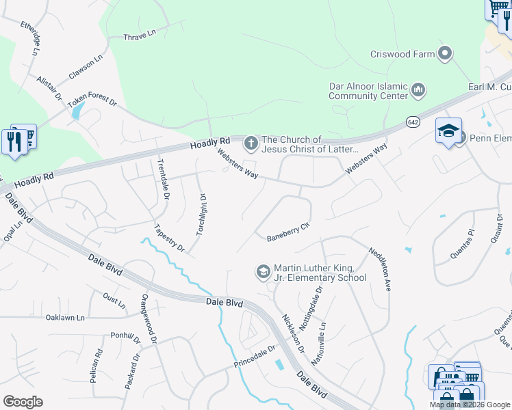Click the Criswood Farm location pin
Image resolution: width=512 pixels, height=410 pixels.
point(446,53)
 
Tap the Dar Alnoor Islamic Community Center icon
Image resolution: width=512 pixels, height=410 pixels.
point(418,90)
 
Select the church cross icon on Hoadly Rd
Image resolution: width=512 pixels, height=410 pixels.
point(251,143)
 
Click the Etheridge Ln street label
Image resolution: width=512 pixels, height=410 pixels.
point(31,38)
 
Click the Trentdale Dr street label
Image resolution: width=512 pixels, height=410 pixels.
point(164,180)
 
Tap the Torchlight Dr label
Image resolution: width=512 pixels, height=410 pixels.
point(201,215)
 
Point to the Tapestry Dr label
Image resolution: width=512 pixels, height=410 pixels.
point(169,237)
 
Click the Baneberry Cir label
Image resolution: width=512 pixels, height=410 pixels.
point(288,230)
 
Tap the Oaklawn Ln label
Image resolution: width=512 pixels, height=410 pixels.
point(64,318)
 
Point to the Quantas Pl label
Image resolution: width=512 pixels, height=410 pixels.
point(462,245)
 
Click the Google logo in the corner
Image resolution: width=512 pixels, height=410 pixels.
point(23,402)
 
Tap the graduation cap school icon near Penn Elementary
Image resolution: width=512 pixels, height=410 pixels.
point(448,131)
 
